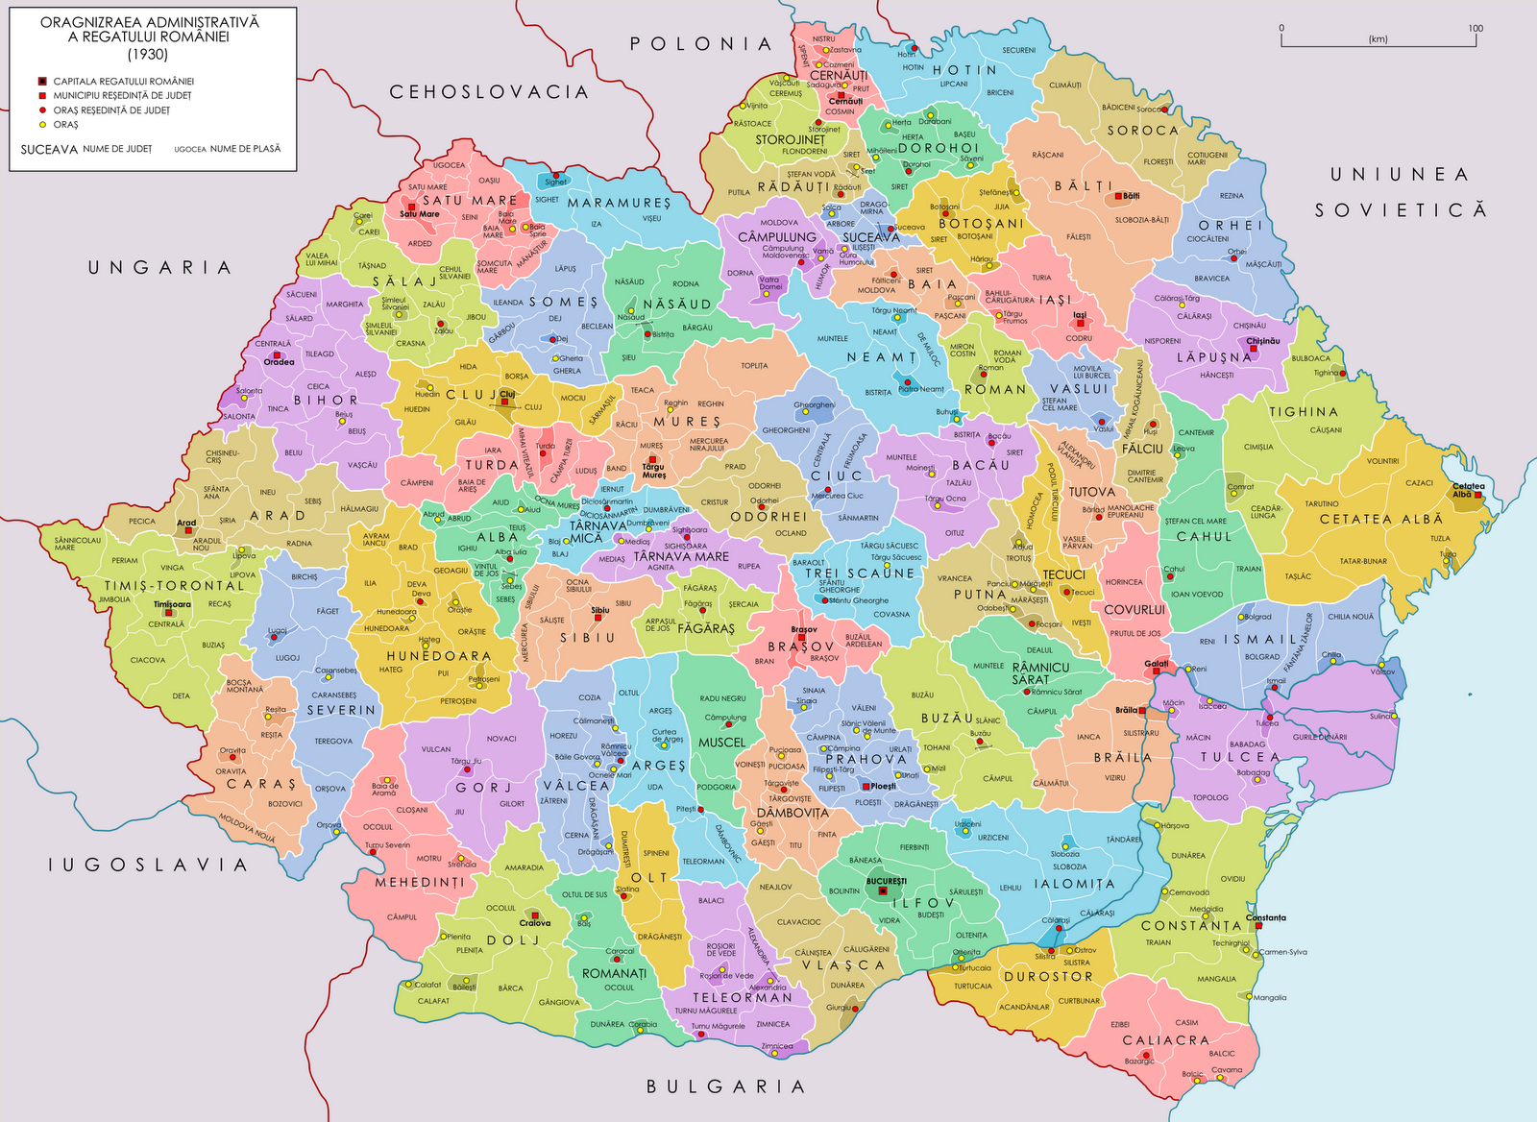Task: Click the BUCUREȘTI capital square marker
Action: (882, 891)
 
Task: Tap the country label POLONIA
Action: (700, 44)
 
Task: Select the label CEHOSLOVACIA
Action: (488, 92)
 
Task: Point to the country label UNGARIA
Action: (159, 268)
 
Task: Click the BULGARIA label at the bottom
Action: (725, 1086)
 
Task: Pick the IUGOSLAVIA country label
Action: (149, 866)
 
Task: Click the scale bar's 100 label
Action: (1476, 28)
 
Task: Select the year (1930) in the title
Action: (149, 54)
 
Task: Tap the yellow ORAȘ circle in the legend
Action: (42, 125)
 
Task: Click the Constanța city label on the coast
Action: (1265, 917)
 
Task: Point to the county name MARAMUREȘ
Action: (619, 204)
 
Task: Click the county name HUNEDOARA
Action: (439, 656)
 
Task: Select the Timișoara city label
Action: (172, 604)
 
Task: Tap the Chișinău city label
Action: (1262, 341)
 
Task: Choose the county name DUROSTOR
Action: (1048, 977)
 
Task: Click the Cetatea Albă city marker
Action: (1478, 495)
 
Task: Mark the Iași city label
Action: (1080, 314)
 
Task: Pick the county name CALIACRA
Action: (1165, 1040)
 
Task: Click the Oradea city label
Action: (280, 362)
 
